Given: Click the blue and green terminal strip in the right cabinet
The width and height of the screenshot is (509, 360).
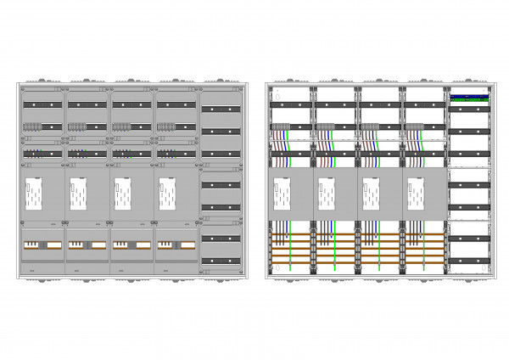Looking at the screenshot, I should click(469, 97).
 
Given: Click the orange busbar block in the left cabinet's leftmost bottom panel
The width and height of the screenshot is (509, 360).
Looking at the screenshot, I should click(42, 245).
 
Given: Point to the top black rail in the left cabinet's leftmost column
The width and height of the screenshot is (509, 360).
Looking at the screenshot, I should click(42, 104).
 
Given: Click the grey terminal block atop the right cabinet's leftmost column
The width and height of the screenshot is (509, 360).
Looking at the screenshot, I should click(280, 127).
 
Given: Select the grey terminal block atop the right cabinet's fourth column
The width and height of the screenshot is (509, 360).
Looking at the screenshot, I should click(413, 127).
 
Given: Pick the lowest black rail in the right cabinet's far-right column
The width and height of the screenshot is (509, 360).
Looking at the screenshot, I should click(469, 261).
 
